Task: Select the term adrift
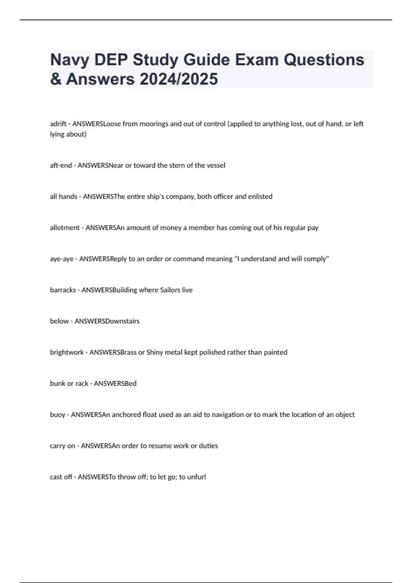pyautogui.click(x=58, y=124)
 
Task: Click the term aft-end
pyautogui.click(x=61, y=165)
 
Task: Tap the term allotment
pyautogui.click(x=65, y=228)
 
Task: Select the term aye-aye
pyautogui.click(x=61, y=259)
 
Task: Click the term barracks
pyautogui.click(x=63, y=290)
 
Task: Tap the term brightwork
pyautogui.click(x=67, y=352)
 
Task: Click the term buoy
pyautogui.click(x=57, y=415)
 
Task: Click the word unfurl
pyautogui.click(x=197, y=477)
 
